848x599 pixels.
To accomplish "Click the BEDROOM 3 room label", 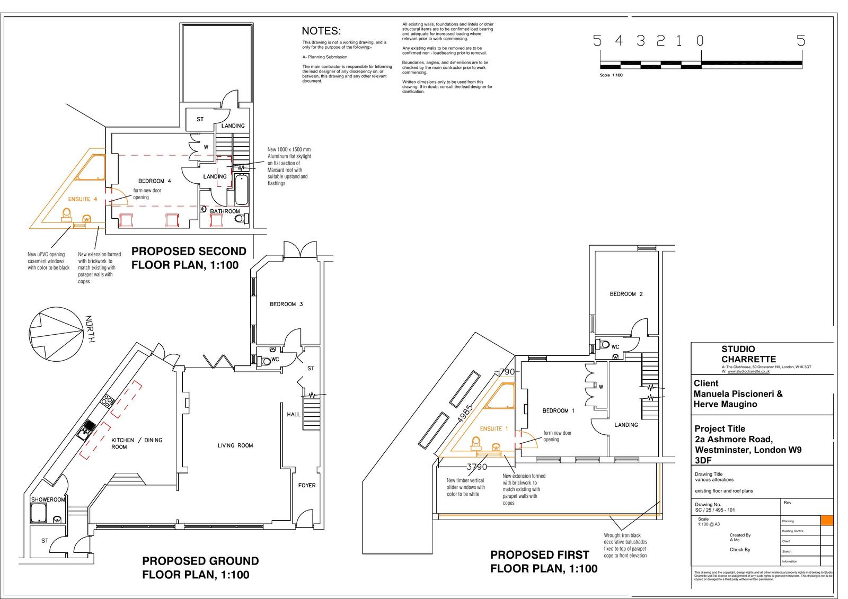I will [x=286, y=304].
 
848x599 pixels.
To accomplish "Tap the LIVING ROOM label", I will [x=235, y=445].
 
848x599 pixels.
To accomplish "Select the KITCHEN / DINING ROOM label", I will [x=136, y=443].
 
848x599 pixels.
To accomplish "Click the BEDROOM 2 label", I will [x=626, y=294].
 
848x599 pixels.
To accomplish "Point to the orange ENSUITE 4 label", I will [x=83, y=199].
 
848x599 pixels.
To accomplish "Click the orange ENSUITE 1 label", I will [x=493, y=428].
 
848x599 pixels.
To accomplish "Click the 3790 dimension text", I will [x=476, y=467].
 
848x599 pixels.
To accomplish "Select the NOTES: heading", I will [x=321, y=31].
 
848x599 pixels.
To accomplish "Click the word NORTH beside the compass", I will [x=90, y=329].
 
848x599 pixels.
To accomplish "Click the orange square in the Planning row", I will [x=826, y=521].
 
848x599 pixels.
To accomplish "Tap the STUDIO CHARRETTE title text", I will [x=748, y=354].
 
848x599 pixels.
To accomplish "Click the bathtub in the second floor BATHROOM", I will [x=241, y=190].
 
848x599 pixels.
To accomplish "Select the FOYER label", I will [x=306, y=485].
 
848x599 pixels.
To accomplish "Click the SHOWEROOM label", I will [x=48, y=499].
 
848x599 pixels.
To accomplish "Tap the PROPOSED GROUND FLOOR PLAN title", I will [x=200, y=567].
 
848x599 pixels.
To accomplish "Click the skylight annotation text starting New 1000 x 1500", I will [x=289, y=166].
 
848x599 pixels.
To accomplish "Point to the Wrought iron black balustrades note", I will [x=625, y=545].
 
